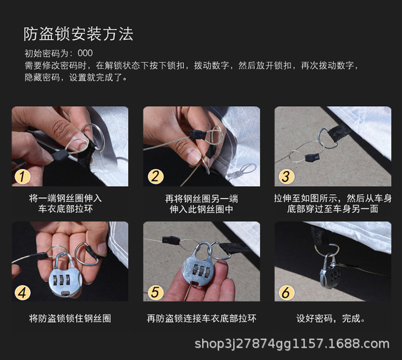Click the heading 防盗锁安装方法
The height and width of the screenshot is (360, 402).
pyautogui.click(x=78, y=34)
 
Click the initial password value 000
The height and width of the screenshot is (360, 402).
pyautogui.click(x=85, y=53)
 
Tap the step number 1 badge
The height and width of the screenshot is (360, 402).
pyautogui.click(x=23, y=176)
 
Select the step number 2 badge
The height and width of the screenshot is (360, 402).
pyautogui.click(x=155, y=176)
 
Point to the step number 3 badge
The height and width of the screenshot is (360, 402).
pyautogui.click(x=286, y=176)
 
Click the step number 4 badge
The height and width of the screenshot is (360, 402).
pyautogui.click(x=23, y=292)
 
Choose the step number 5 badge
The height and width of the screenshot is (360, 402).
pyautogui.click(x=155, y=292)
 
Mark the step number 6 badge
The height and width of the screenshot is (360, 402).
pyautogui.click(x=286, y=292)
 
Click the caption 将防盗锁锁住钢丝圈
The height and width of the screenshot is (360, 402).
pyautogui.click(x=70, y=319)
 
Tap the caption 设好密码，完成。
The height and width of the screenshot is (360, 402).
pyautogui.click(x=331, y=319)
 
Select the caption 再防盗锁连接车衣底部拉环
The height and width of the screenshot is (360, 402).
pyautogui.click(x=202, y=319)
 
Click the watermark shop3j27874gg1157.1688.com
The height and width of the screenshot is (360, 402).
pyautogui.click(x=292, y=344)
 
